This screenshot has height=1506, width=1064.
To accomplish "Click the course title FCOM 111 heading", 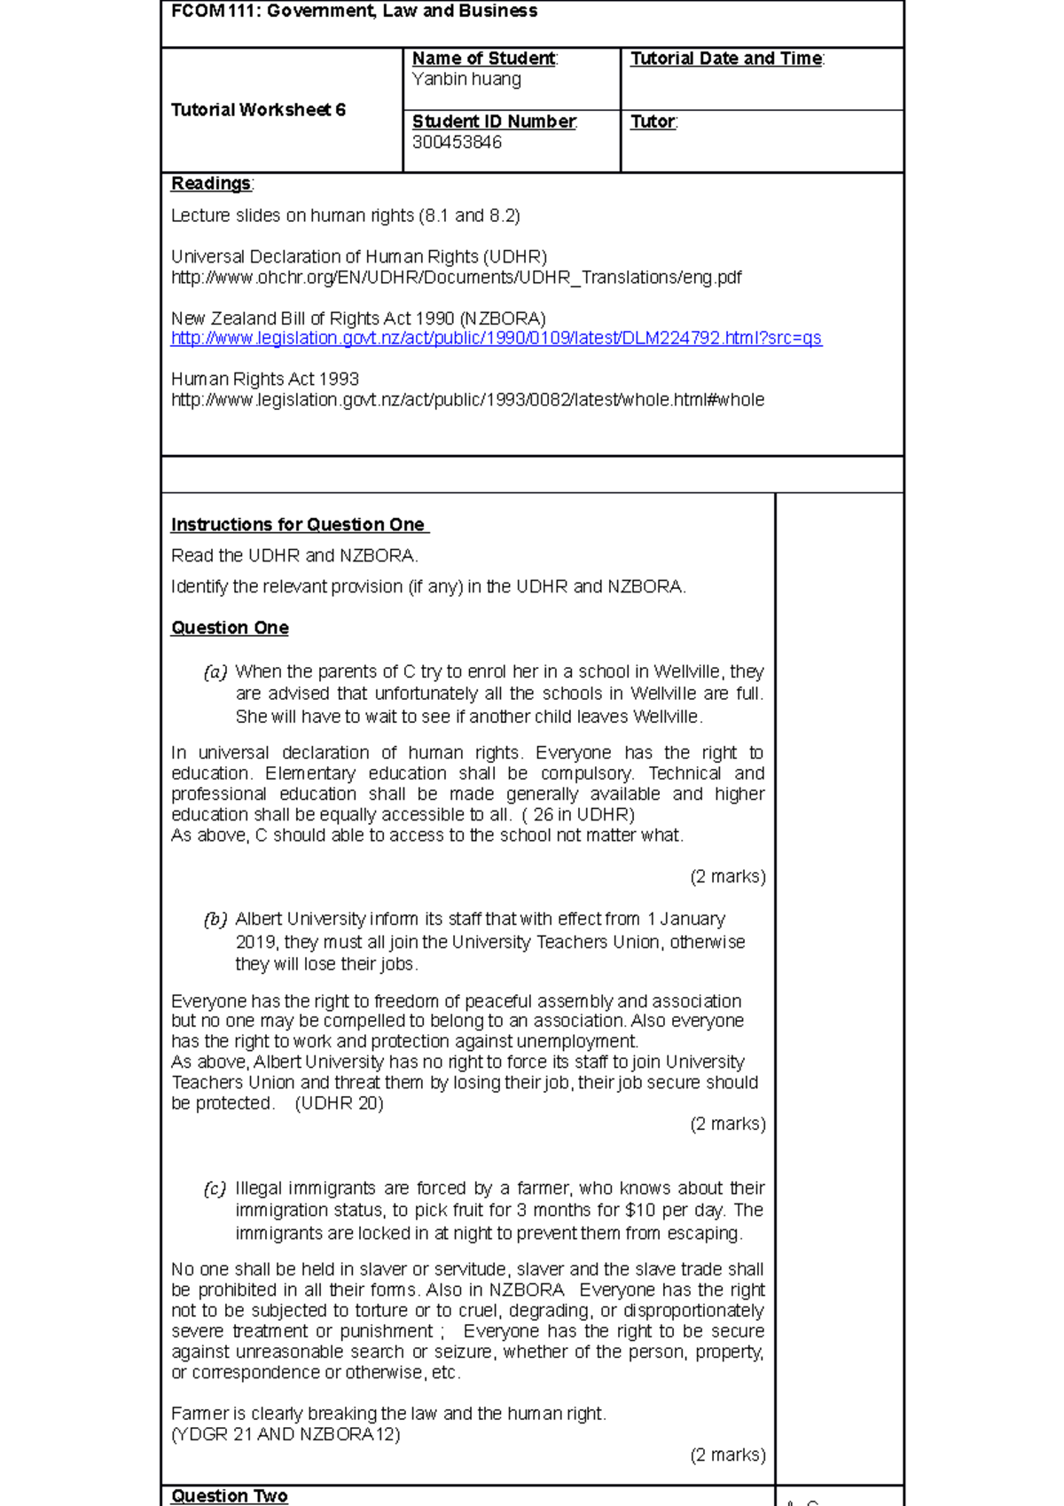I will (x=354, y=12).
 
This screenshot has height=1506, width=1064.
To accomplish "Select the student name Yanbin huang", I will (x=466, y=80).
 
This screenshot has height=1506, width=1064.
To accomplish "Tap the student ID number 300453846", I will (x=457, y=143).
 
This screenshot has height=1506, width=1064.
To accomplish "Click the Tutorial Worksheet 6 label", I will (x=258, y=110).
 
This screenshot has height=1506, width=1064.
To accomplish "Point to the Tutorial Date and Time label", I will (x=726, y=59).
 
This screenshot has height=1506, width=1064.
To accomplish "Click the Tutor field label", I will (x=653, y=122).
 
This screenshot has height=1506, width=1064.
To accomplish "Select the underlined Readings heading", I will (x=211, y=184).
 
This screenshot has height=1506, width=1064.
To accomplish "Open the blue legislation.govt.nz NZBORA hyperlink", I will (x=496, y=339).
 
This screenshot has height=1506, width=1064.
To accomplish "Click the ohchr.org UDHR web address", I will (x=456, y=278).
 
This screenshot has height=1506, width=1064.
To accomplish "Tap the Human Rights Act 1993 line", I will (x=264, y=379).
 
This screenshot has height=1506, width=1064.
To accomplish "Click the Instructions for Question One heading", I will (x=299, y=525).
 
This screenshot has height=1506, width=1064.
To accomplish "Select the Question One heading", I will (x=230, y=628).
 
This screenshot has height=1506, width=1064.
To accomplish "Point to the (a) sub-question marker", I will (x=215, y=672).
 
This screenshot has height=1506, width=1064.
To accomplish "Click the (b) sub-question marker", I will (x=215, y=920).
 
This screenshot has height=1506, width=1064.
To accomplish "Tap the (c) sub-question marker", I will (x=215, y=1188).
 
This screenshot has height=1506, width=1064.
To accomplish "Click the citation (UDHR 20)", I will (x=339, y=1103).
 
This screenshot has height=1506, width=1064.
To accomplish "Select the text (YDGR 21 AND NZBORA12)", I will (x=286, y=1434).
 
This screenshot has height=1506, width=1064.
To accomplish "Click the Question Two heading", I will (x=229, y=1495).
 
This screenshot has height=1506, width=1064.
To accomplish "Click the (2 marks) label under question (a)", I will (x=727, y=876).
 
